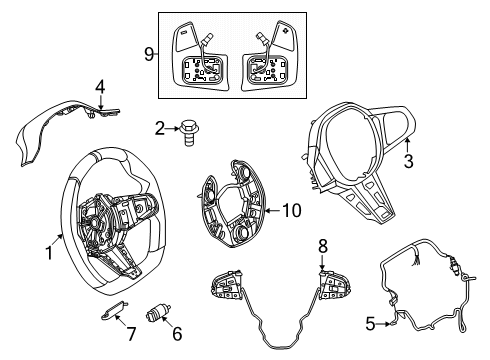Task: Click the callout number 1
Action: click(47, 254)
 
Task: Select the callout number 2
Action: click(159, 127)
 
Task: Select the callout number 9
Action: click(150, 54)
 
